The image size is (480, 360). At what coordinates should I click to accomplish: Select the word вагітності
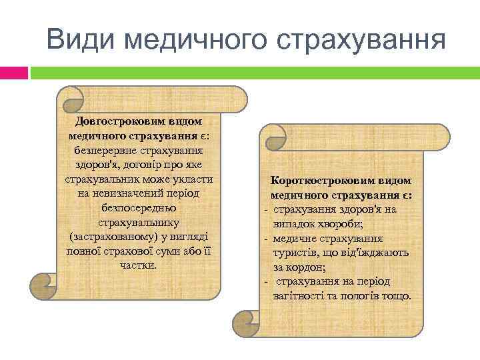pyautogui.click(x=299, y=295)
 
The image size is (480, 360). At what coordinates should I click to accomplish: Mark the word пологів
pyautogui.click(x=362, y=295)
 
